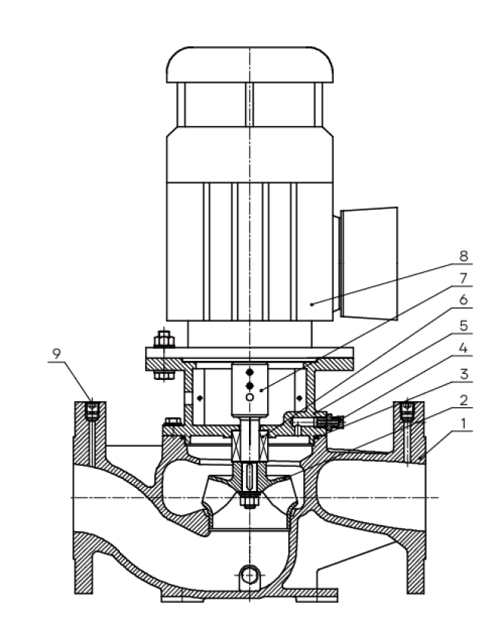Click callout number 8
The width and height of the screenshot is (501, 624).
(x=463, y=256)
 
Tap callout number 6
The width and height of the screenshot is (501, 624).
(x=463, y=300)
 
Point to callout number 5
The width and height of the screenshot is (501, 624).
(x=463, y=325)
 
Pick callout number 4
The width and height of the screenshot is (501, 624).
(x=463, y=348)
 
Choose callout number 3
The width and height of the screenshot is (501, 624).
(x=463, y=375)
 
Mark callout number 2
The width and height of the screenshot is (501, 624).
(x=463, y=400)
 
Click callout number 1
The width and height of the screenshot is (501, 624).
(x=463, y=424)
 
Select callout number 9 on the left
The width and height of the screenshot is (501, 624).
(x=56, y=353)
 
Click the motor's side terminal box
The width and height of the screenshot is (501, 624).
(x=369, y=263)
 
